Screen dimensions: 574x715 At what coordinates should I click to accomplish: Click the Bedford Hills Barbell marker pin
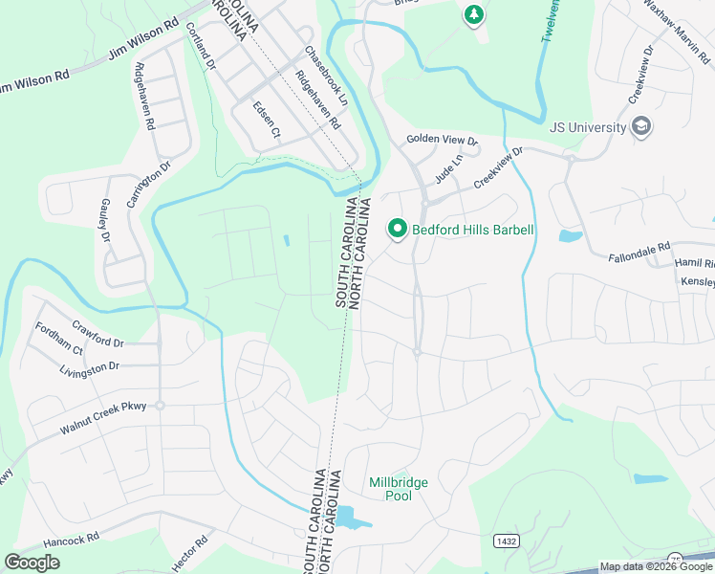[x=397, y=229]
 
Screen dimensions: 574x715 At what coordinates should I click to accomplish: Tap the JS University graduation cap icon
[x=641, y=127]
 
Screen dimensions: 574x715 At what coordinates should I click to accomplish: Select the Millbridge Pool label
[x=398, y=489]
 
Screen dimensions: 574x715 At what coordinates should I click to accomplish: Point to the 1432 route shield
[x=507, y=541]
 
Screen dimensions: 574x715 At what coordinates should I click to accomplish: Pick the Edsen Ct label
[x=265, y=120]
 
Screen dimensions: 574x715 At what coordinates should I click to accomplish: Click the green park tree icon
[x=473, y=14]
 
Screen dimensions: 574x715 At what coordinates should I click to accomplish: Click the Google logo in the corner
[x=32, y=563]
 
